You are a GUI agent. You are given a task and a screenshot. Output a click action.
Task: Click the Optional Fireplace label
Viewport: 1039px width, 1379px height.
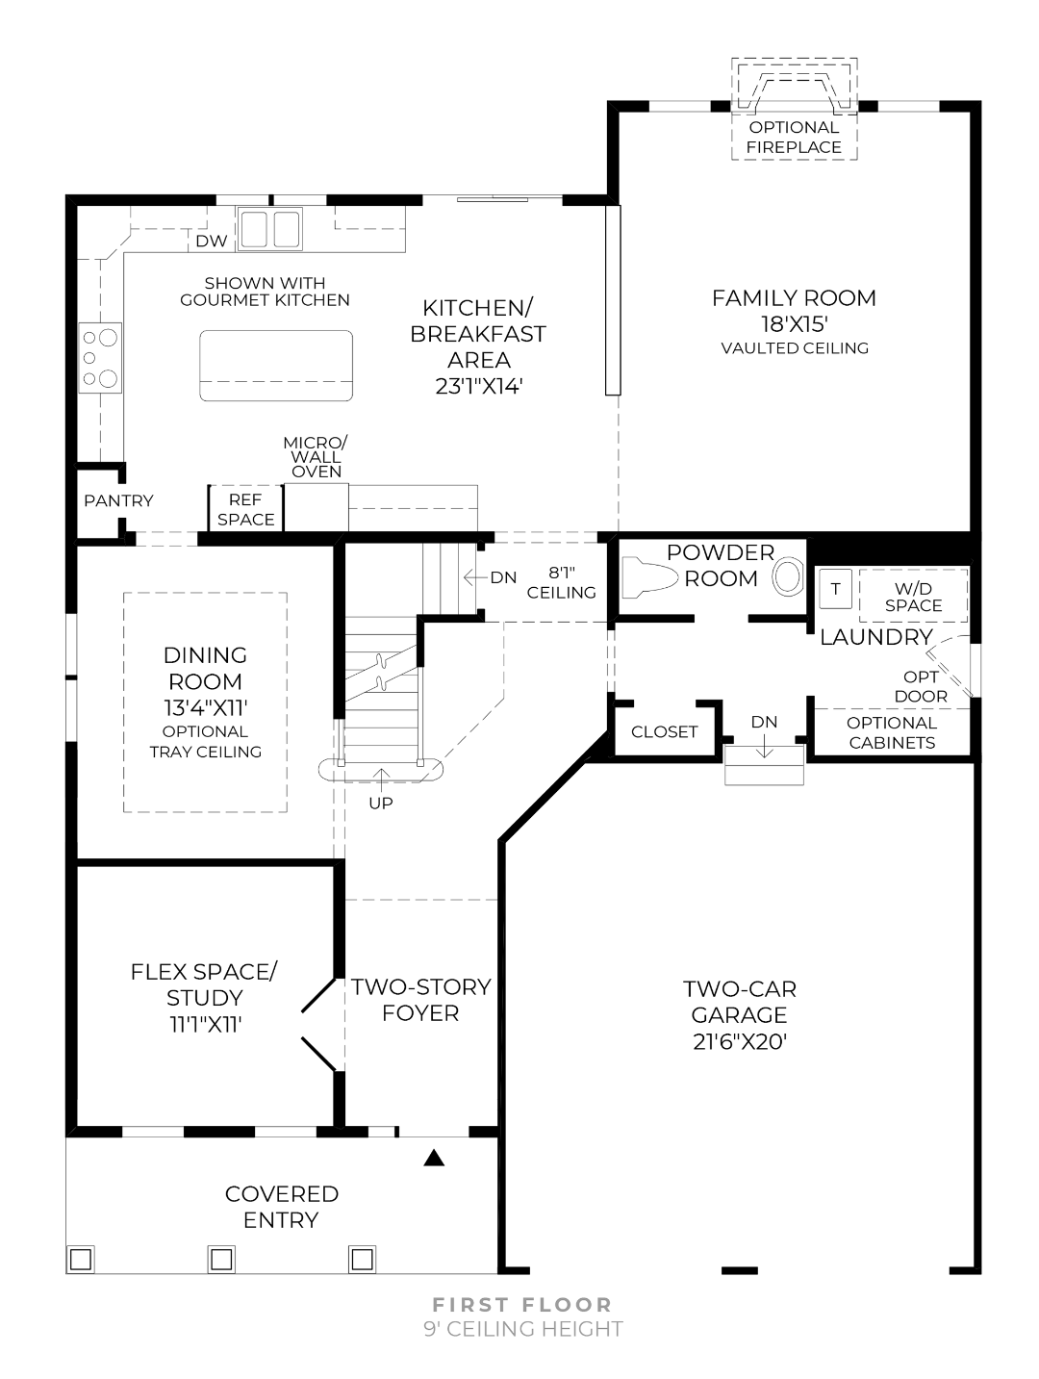click(x=794, y=138)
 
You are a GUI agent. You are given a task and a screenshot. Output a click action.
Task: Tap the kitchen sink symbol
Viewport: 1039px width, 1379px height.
click(x=269, y=229)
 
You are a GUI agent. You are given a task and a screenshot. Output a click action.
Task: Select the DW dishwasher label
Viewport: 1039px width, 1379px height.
click(x=211, y=242)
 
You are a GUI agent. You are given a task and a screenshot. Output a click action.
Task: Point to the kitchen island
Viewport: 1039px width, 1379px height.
click(x=276, y=366)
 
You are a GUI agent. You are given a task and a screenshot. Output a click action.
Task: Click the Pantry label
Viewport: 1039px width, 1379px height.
click(x=118, y=500)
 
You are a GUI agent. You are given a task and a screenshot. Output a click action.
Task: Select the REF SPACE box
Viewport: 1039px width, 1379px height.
click(x=246, y=509)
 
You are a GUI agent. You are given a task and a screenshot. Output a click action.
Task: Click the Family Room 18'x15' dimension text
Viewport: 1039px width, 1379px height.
click(x=794, y=324)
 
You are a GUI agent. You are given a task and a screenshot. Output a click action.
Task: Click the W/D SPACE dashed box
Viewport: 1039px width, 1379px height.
click(x=913, y=597)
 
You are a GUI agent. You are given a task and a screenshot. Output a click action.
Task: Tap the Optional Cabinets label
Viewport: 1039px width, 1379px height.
click(x=892, y=733)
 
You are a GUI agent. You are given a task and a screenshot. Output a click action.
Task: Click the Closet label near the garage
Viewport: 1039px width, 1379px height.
click(x=664, y=732)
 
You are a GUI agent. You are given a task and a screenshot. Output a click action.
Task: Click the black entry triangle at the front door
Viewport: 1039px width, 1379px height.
click(x=435, y=1158)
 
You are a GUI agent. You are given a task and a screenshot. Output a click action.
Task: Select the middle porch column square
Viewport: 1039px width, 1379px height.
click(x=221, y=1258)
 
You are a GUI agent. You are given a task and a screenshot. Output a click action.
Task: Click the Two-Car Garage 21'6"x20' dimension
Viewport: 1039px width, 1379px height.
click(x=740, y=1041)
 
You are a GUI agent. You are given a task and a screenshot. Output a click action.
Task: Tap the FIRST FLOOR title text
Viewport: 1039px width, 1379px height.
click(x=522, y=1305)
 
